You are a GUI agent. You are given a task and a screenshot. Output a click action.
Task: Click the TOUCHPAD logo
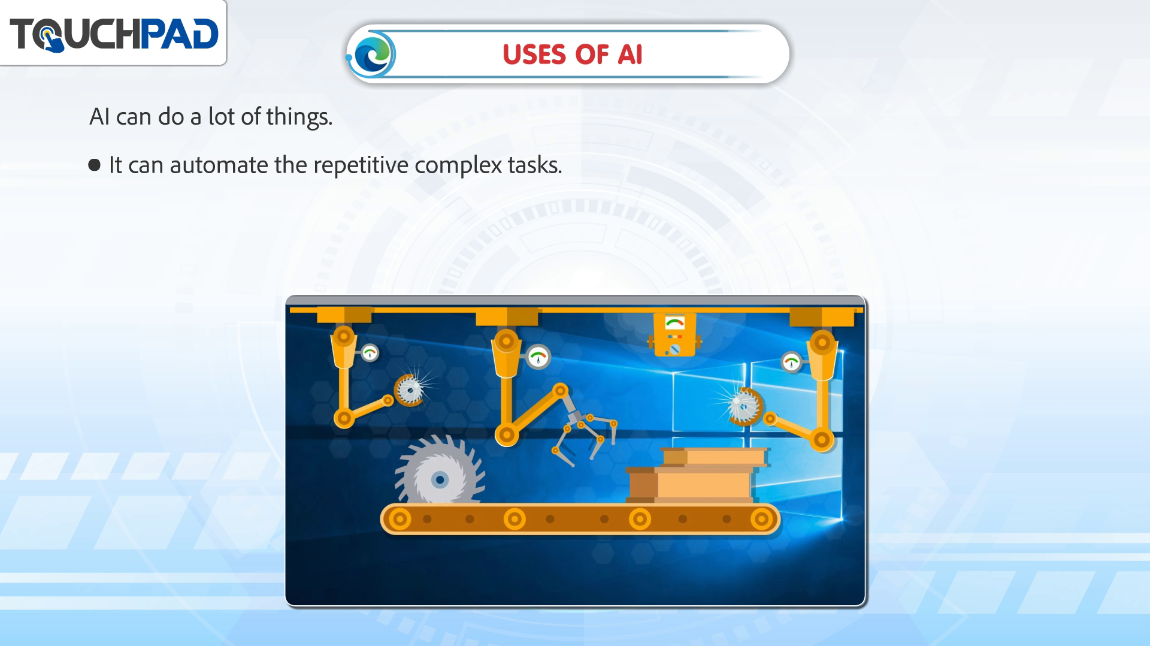114,34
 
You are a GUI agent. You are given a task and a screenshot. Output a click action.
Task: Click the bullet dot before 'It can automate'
95,165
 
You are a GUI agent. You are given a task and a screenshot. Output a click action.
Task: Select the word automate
219,165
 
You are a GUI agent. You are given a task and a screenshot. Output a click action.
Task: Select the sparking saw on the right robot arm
743,406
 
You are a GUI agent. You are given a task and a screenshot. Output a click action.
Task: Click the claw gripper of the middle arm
584,434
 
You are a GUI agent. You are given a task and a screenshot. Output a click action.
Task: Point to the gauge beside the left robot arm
370,353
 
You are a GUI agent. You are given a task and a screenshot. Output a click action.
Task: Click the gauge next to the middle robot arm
538,357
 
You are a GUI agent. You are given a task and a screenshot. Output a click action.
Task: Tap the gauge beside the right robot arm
791,362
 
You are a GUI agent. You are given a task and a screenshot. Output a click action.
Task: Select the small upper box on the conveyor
715,457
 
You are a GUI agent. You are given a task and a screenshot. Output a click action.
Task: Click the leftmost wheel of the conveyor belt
400,519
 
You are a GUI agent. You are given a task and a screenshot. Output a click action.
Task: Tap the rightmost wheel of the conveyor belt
761,519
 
